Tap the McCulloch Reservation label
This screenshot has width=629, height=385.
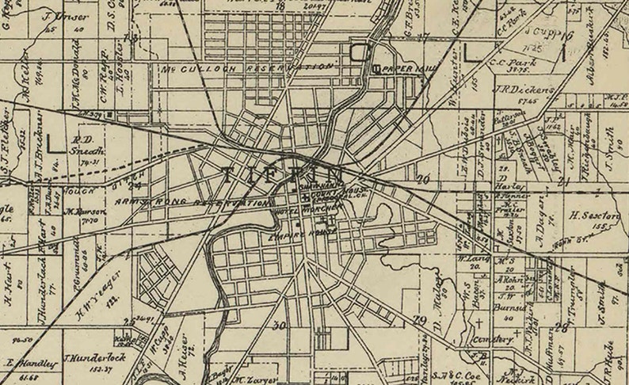coord(246,68)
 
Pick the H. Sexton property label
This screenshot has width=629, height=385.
coord(593,215)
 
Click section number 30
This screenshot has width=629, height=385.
coord(278,326)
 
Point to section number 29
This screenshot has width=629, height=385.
coord(420,319)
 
